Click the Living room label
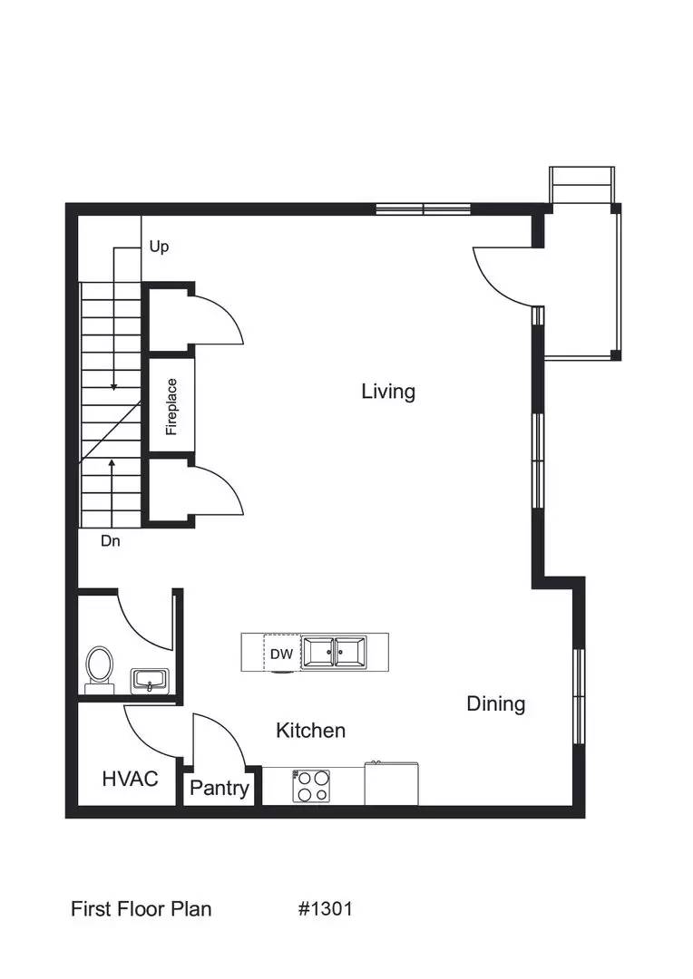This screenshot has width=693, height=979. coord(388,392)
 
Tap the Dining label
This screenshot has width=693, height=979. coord(496,703)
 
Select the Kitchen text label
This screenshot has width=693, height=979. coord(310,731)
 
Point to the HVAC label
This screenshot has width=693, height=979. coord(130,779)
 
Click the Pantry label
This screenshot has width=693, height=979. coord(219,788)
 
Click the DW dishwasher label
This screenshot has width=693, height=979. coord(280,654)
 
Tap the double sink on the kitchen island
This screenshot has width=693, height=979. coord(335,652)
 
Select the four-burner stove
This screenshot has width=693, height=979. coord(311,785)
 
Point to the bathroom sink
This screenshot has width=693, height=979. coord(149,679)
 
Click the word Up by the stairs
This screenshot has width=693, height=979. coord(159,247)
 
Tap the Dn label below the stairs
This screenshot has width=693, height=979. coord(111,542)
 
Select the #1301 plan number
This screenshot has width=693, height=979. coord(325,908)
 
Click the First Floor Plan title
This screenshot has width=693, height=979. coord(141,908)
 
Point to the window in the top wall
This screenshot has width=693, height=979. coord(423,209)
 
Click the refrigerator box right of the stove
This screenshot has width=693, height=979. coord(391,783)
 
